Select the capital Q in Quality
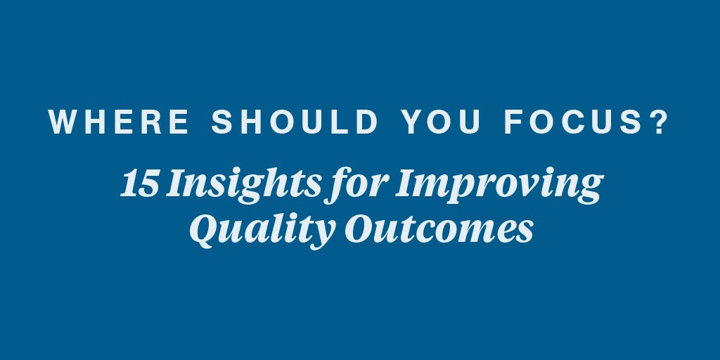(x=206, y=230)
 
